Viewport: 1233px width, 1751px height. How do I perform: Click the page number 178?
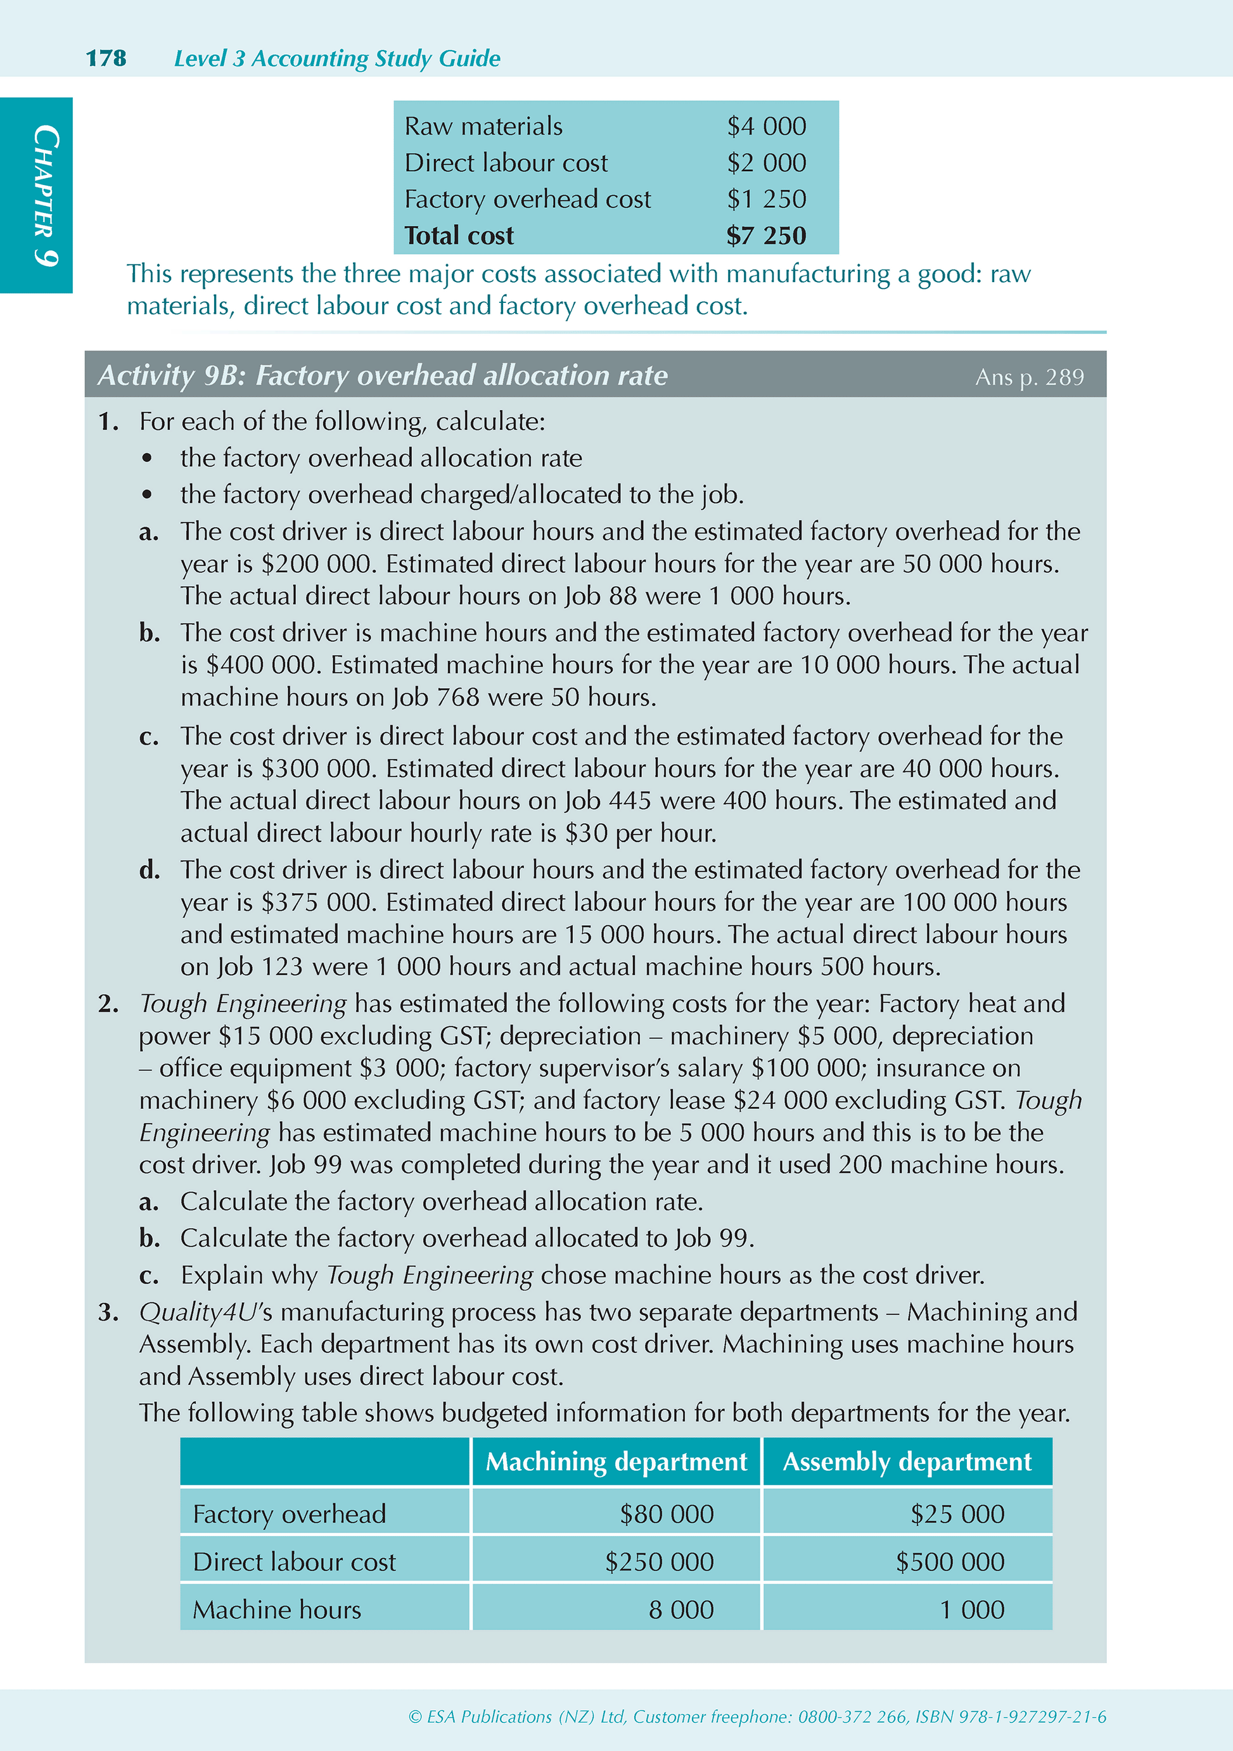[x=106, y=58]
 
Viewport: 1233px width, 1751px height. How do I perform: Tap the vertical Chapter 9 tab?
[x=44, y=195]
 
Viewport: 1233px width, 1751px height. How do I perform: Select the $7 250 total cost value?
[x=765, y=236]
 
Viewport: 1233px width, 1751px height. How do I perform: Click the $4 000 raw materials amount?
[x=765, y=126]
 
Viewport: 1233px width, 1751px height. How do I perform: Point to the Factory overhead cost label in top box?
[x=528, y=199]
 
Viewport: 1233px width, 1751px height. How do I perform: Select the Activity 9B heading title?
[x=383, y=375]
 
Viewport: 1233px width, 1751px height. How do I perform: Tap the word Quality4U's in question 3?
[x=205, y=1312]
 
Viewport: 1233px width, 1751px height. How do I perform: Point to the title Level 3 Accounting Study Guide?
[x=337, y=58]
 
